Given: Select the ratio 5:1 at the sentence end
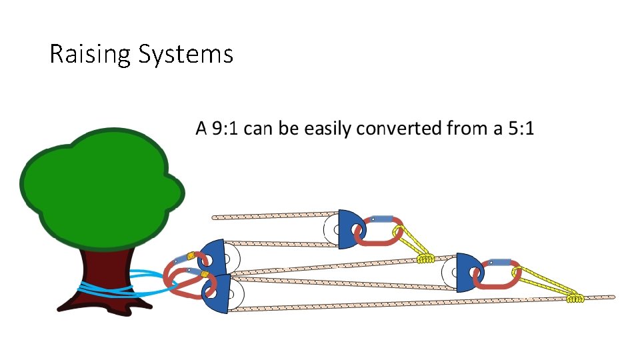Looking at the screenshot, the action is (x=521, y=128).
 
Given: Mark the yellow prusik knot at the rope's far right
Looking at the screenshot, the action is (x=575, y=297).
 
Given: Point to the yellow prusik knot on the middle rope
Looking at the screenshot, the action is (x=425, y=257).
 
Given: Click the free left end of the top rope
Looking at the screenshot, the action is (x=215, y=217).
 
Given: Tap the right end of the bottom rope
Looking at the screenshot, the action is (x=612, y=297).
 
